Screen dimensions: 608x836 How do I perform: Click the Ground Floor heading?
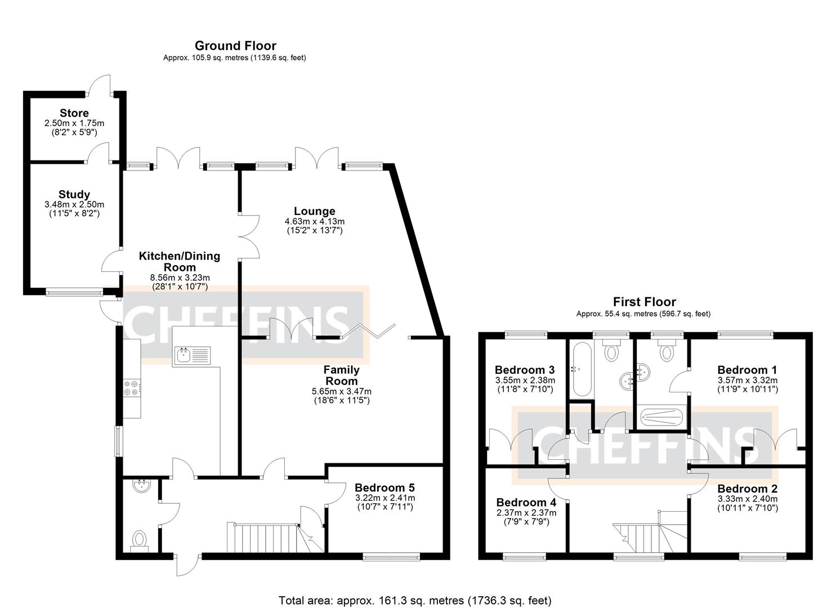pyautogui.click(x=235, y=46)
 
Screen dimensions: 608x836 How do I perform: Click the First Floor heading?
pyautogui.click(x=644, y=302)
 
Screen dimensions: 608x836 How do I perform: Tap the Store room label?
pyautogui.click(x=74, y=113)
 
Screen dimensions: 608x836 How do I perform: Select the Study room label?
pyautogui.click(x=74, y=195)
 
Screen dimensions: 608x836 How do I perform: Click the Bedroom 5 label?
pyautogui.click(x=385, y=488)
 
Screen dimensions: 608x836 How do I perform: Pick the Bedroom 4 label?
pyautogui.click(x=521, y=502)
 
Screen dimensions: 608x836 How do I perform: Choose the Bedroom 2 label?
pyautogui.click(x=747, y=489)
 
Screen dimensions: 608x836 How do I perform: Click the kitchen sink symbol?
pyautogui.click(x=192, y=355)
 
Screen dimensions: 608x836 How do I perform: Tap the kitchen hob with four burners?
pyautogui.click(x=132, y=388)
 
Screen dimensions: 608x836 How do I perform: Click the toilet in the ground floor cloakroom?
pyautogui.click(x=138, y=541)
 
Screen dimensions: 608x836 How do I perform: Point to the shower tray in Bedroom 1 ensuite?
pyautogui.click(x=662, y=418)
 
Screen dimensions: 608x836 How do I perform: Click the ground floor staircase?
pyautogui.click(x=265, y=538)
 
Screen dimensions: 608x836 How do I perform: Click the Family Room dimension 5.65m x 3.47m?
pyautogui.click(x=341, y=391)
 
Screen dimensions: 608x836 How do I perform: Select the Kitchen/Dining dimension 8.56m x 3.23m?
pyautogui.click(x=180, y=278)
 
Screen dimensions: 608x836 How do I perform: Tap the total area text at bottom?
pyautogui.click(x=415, y=600)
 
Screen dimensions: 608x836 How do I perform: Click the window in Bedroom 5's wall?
pyautogui.click(x=391, y=557)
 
